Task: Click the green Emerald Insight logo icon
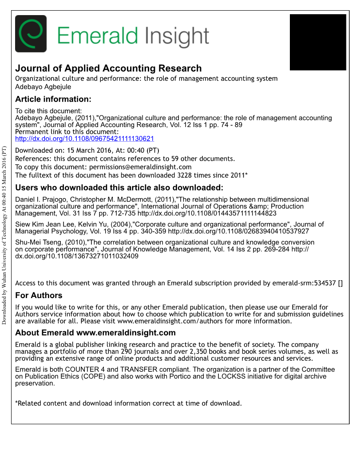(31, 34)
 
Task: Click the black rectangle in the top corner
(317, 42)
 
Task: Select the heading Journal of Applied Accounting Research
(108, 68)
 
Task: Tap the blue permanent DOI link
(84, 139)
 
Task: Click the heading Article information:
(53, 99)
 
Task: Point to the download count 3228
(186, 175)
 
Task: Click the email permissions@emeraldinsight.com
(140, 167)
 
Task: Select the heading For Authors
(39, 295)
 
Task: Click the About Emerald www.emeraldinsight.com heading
(95, 333)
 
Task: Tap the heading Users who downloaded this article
(119, 187)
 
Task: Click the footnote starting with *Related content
(128, 403)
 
